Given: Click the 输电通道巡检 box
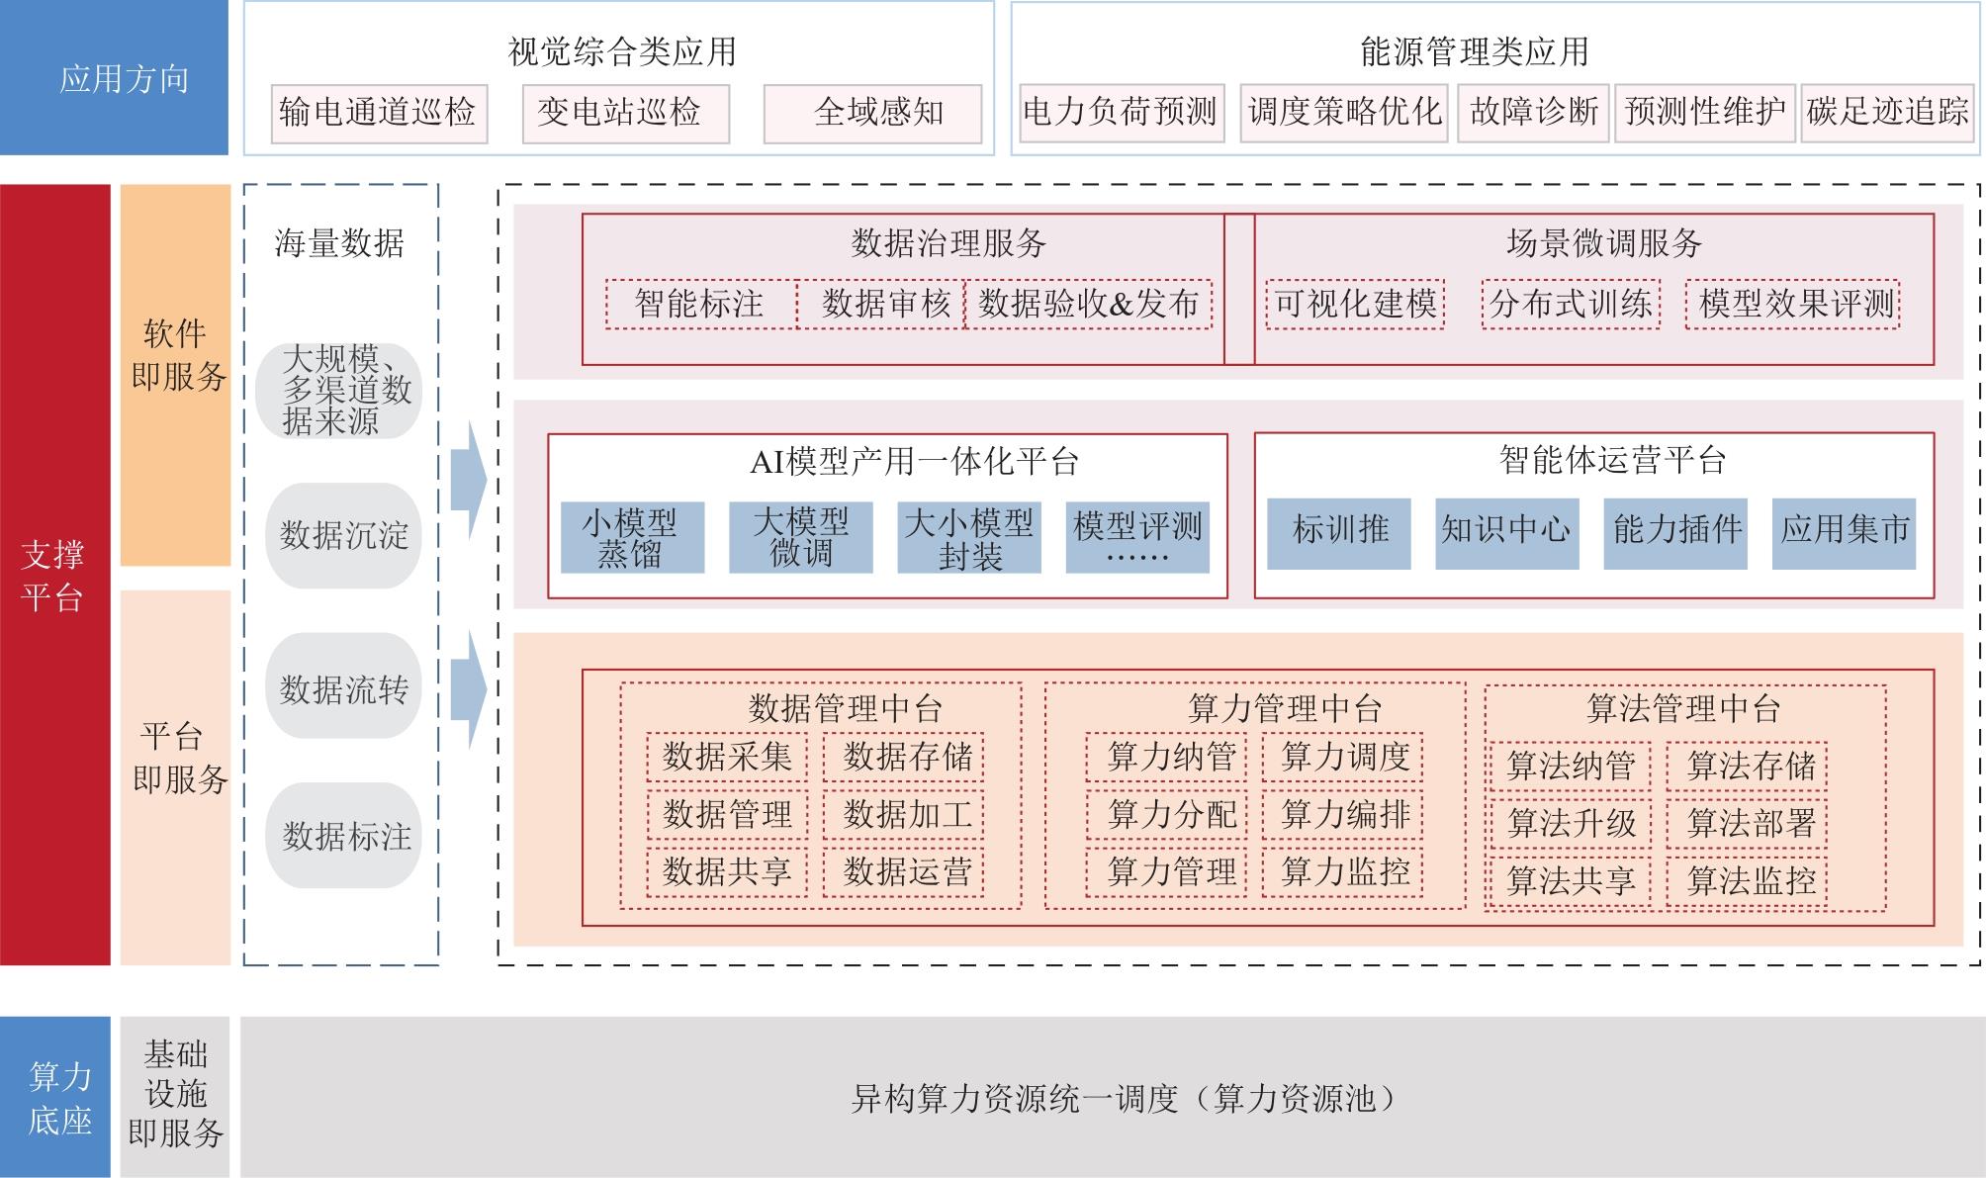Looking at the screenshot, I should coord(379,113).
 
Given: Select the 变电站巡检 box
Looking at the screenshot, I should coord(625,113).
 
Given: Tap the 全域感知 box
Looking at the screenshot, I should coord(872,113).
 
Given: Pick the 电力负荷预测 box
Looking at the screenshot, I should coord(1122,112).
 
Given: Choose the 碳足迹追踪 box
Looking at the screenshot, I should coord(1887,112).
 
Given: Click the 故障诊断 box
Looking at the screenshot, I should coord(1533,112).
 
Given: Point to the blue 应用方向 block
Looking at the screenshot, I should coord(114,78).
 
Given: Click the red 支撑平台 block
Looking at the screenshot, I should coord(54,575).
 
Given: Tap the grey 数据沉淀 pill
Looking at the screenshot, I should coord(343,535).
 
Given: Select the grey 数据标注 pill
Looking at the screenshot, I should coord(343,836).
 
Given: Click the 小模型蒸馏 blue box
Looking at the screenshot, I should coord(632,537).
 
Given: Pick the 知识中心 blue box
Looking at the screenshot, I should coord(1506,532).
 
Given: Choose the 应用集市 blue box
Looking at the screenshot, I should coord(1844,532).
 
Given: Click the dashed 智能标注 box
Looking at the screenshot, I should coord(700,304).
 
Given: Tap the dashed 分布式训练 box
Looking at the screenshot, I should coord(1571,304).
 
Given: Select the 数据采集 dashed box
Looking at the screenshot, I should coord(727,758).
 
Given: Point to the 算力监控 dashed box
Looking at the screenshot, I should coord(1343,872).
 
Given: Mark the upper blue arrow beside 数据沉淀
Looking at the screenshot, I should coord(468,481).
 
